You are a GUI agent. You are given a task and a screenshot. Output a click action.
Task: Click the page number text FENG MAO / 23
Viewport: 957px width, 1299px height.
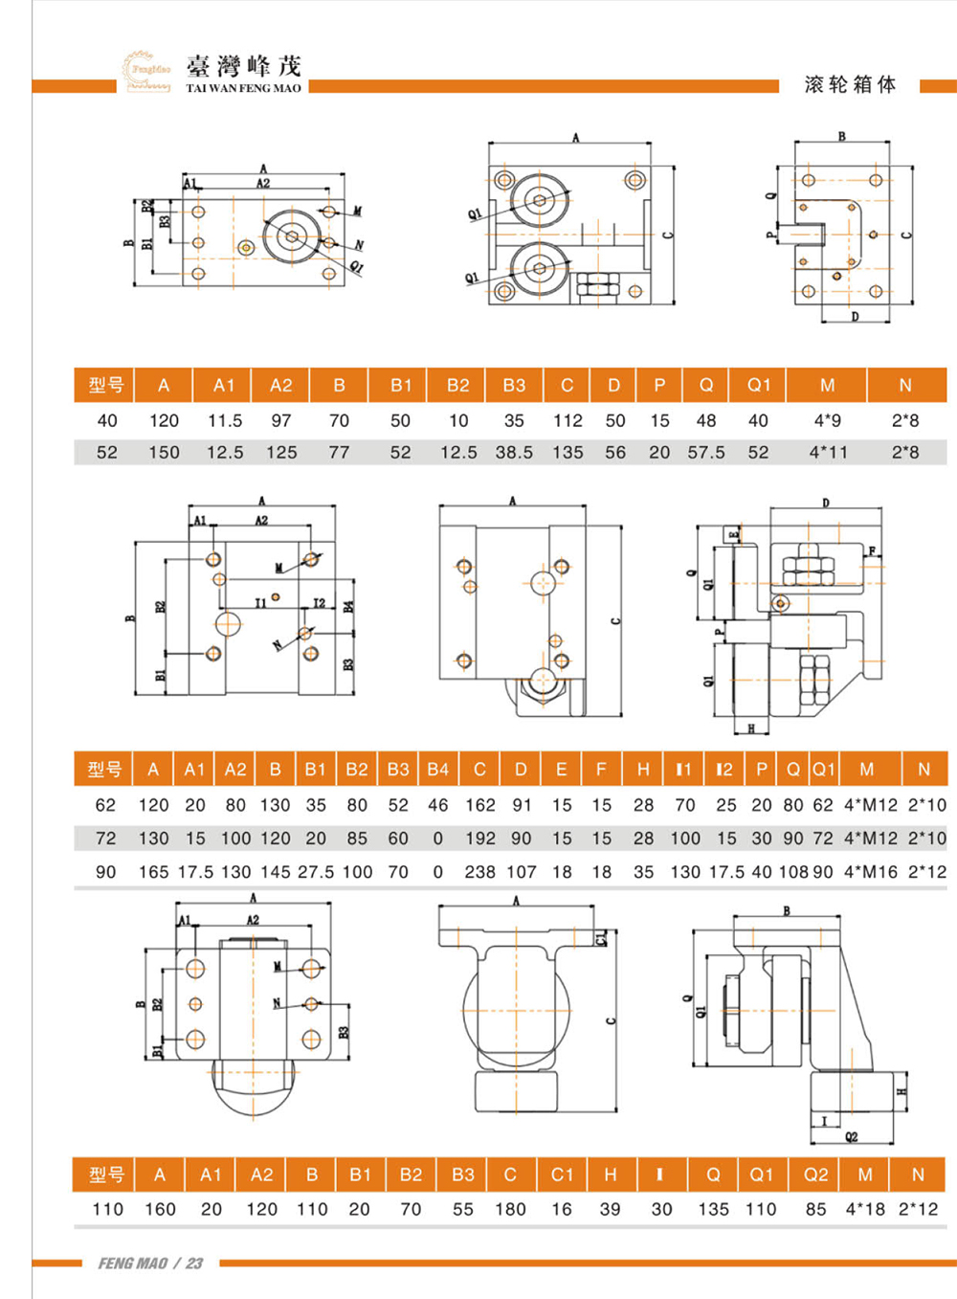pyautogui.click(x=150, y=1264)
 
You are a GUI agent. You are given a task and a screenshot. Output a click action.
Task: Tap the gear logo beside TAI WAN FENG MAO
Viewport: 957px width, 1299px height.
pyautogui.click(x=146, y=70)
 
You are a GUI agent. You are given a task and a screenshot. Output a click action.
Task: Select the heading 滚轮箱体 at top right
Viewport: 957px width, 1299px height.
pyautogui.click(x=850, y=84)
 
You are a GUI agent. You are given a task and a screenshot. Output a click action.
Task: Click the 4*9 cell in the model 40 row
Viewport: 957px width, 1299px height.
pyautogui.click(x=828, y=420)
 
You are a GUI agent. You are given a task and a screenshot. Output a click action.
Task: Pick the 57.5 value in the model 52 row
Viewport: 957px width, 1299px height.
pyautogui.click(x=706, y=452)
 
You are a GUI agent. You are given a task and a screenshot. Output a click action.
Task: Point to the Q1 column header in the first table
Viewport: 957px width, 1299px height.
pyautogui.click(x=759, y=385)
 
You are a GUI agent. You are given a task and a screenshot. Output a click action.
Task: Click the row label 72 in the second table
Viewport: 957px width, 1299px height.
pyautogui.click(x=105, y=838)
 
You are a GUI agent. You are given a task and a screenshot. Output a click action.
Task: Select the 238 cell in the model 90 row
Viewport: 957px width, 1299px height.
pyautogui.click(x=480, y=872)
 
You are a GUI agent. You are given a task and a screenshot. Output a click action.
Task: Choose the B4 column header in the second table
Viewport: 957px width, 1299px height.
pyautogui.click(x=438, y=769)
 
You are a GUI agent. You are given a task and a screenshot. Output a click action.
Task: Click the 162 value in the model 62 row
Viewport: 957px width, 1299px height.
pyautogui.click(x=480, y=805)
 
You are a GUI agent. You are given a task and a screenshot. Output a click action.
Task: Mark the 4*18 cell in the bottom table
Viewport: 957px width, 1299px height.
pyautogui.click(x=865, y=1209)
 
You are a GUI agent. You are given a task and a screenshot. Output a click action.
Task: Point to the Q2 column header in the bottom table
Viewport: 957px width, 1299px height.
pyautogui.click(x=816, y=1175)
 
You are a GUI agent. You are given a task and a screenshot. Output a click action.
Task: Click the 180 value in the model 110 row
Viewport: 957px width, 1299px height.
pyautogui.click(x=510, y=1209)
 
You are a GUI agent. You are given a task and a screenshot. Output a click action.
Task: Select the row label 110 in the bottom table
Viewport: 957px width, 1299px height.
pyautogui.click(x=107, y=1209)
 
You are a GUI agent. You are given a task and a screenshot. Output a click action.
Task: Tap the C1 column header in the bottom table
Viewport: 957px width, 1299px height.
pyautogui.click(x=562, y=1175)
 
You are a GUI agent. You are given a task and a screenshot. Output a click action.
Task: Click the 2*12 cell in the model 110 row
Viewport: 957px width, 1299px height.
pyautogui.click(x=919, y=1209)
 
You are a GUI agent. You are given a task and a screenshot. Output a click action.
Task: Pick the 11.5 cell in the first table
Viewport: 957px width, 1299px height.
pyautogui.click(x=225, y=420)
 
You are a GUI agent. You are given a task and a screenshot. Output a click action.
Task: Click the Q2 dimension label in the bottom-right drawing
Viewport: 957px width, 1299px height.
pyautogui.click(x=851, y=1137)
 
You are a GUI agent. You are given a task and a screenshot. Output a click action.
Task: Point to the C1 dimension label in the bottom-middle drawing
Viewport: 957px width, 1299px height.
pyautogui.click(x=601, y=937)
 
